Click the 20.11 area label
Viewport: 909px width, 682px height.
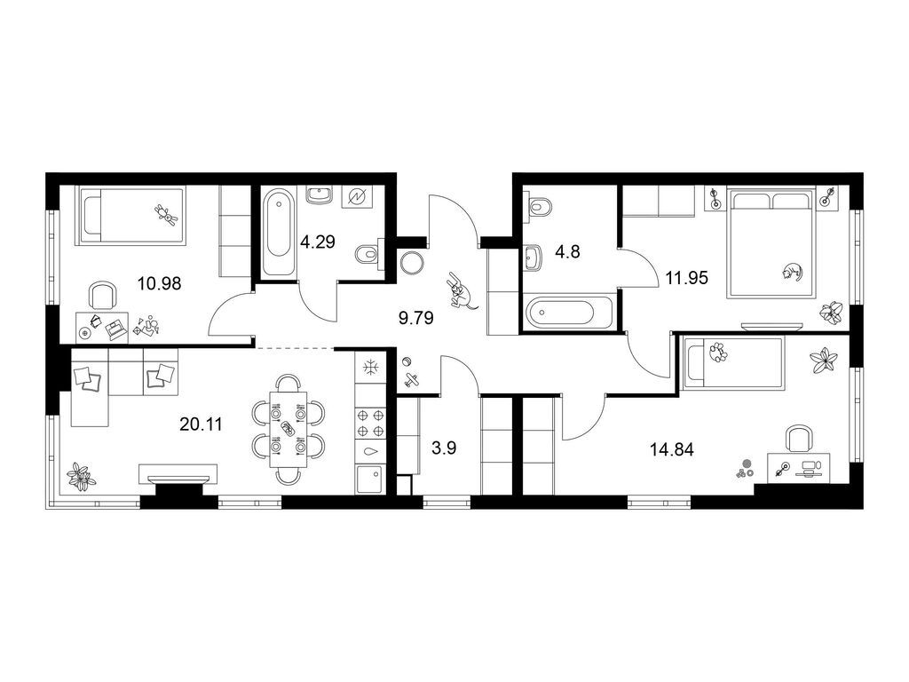tap(202, 424)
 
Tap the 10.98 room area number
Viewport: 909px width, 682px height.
tap(160, 283)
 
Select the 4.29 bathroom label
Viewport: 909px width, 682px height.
tap(318, 242)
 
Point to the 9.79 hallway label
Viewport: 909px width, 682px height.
tap(416, 318)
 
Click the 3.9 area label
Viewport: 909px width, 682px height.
tap(444, 448)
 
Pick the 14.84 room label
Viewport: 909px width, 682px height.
tap(672, 449)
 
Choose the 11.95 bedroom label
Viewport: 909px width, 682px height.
tap(687, 278)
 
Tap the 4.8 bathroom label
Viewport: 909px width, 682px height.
tap(567, 251)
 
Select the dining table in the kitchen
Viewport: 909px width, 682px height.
tap(289, 429)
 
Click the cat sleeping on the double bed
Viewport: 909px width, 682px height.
tap(791, 271)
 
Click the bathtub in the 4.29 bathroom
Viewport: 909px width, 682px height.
tap(278, 234)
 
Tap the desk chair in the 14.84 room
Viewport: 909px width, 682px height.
tap(799, 438)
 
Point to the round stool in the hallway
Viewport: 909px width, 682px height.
tap(411, 263)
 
